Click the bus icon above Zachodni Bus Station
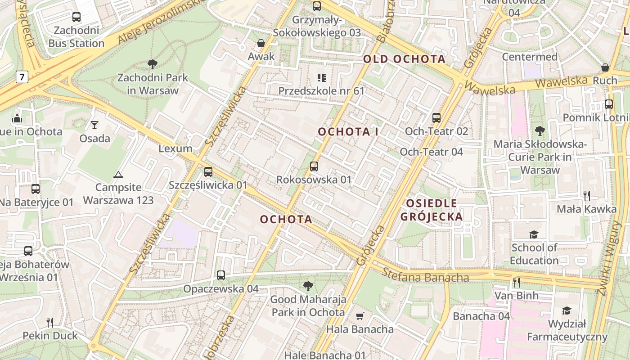click(x=76, y=17)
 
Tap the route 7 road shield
click(x=21, y=77)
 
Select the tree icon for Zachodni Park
click(x=153, y=64)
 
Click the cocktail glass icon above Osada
click(x=94, y=125)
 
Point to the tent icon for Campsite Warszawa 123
click(x=118, y=175)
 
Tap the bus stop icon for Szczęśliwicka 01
click(x=208, y=171)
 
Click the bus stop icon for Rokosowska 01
click(x=314, y=166)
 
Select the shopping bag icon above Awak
click(x=261, y=43)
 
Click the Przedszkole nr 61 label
click(x=321, y=90)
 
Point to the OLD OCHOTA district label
click(x=404, y=59)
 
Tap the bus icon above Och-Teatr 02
click(x=436, y=118)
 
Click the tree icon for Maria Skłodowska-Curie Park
click(x=540, y=131)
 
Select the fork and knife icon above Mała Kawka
click(x=586, y=195)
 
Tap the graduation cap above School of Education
click(x=534, y=234)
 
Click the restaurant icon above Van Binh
click(x=516, y=283)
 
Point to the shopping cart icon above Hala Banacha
click(x=360, y=316)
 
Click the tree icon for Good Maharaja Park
click(x=308, y=286)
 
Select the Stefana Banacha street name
click(x=425, y=275)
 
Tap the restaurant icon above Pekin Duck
click(x=50, y=322)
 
